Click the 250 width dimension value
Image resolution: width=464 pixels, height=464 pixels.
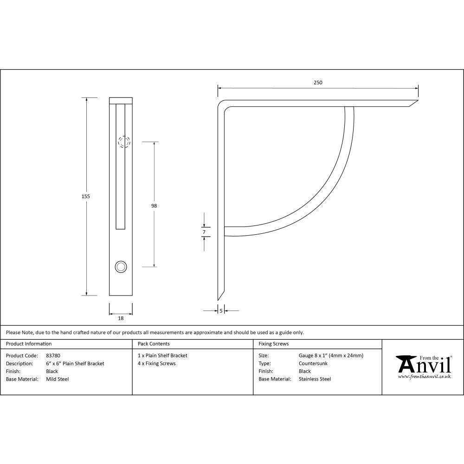click(317, 83)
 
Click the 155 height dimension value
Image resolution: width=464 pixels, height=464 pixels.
click(85, 196)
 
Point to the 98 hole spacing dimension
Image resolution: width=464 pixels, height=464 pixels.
click(154, 206)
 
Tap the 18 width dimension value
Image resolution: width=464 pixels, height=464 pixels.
click(121, 318)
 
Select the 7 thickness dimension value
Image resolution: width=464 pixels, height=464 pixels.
click(204, 232)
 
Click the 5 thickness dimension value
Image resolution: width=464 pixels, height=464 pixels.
click(221, 310)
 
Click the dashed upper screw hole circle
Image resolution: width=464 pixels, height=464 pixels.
click(123, 142)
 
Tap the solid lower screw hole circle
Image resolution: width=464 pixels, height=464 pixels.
click(121, 266)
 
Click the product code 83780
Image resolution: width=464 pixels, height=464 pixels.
click(53, 356)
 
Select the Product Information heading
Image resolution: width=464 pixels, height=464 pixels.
click(29, 344)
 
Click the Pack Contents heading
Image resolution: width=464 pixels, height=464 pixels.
click(154, 344)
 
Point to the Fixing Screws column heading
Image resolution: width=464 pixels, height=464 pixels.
click(273, 344)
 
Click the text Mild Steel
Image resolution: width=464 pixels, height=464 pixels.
click(58, 379)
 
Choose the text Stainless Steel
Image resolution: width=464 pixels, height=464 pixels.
click(315, 379)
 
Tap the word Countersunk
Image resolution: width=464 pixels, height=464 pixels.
click(313, 364)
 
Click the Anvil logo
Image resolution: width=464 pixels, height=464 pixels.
click(423, 365)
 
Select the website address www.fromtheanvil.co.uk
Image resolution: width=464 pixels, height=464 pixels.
click(424, 377)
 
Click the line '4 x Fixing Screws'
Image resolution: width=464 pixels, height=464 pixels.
click(157, 364)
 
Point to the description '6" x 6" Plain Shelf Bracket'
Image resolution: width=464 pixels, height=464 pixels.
click(75, 364)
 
